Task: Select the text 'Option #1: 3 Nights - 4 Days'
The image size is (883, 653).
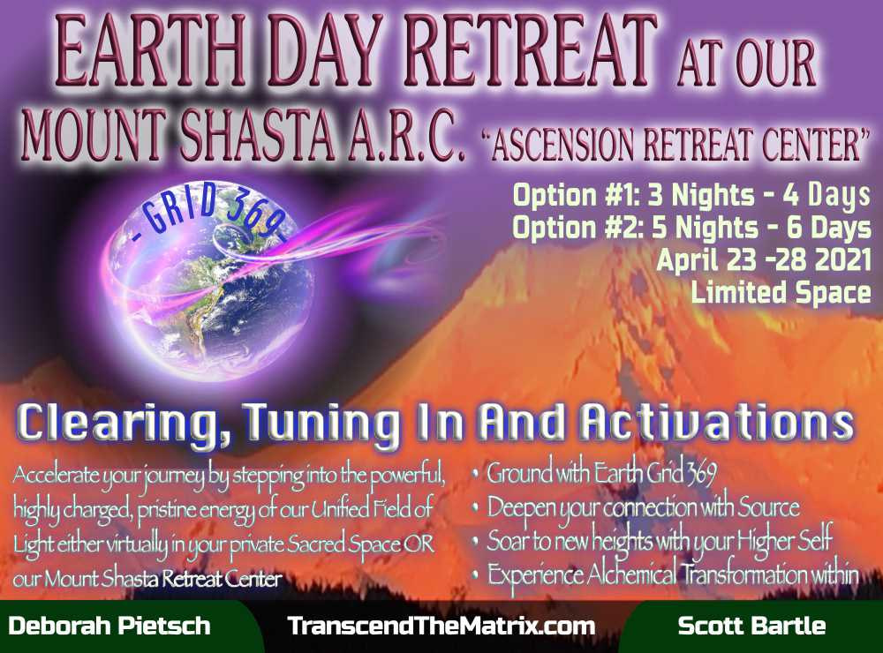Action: tap(691, 195)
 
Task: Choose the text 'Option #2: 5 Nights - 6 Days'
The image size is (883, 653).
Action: tap(691, 228)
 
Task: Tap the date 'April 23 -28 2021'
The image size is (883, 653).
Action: tap(764, 260)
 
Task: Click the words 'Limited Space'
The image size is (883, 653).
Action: tap(781, 293)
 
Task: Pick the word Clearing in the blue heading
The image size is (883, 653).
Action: tap(124, 424)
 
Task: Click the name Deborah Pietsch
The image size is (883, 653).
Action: tap(109, 626)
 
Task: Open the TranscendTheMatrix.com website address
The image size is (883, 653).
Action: tap(441, 626)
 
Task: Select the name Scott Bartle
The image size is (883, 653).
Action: tap(751, 626)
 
